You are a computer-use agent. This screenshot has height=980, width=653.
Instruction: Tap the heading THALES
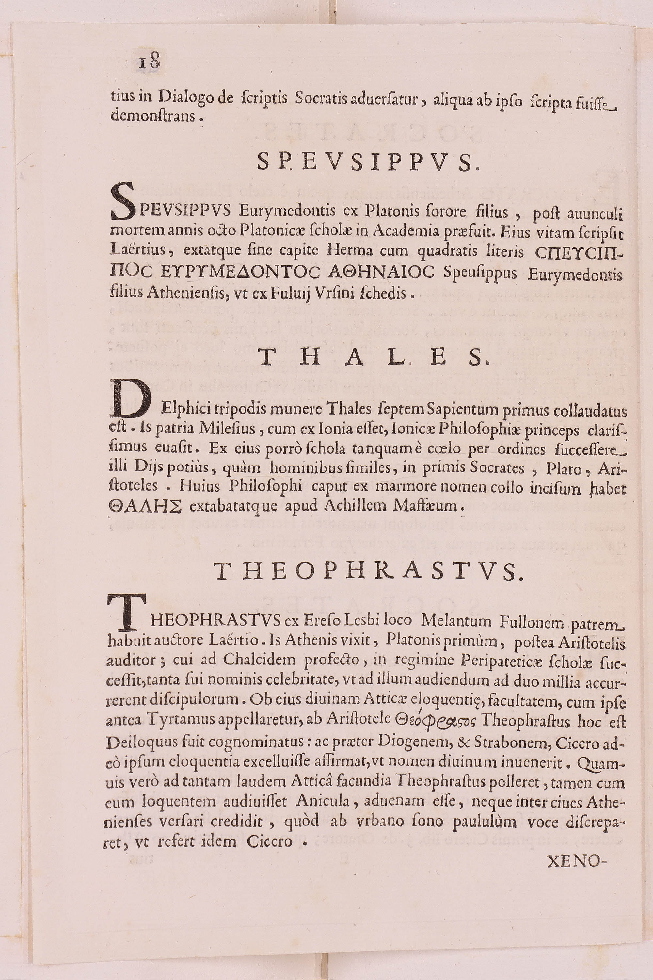pyautogui.click(x=373, y=358)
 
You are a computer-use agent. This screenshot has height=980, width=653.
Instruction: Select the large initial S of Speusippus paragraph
pyautogui.click(x=124, y=203)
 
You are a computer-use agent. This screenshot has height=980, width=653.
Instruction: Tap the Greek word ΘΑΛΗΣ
pyautogui.click(x=145, y=506)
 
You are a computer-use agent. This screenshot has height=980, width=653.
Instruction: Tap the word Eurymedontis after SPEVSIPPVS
pyautogui.click(x=287, y=211)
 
